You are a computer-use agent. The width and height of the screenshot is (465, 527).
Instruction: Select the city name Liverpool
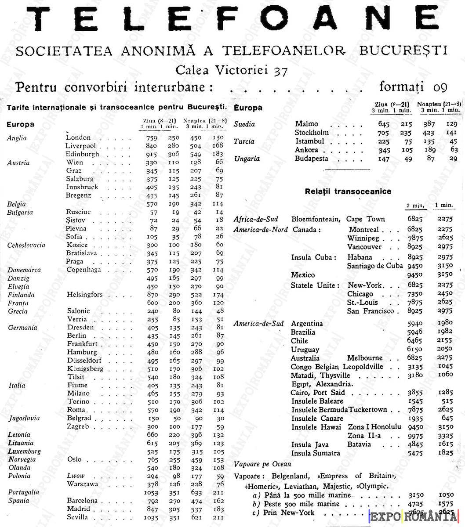81,146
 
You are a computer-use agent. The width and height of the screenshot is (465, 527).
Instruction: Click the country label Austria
18,162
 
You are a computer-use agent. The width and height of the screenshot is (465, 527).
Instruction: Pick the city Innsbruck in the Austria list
82,187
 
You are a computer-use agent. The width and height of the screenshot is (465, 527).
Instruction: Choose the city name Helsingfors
84,295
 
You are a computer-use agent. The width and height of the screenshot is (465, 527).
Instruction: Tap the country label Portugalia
23,492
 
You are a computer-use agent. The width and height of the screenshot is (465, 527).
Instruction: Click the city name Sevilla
77,517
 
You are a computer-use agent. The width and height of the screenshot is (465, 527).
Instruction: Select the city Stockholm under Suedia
312,133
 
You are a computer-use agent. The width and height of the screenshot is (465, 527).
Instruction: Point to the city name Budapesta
312,159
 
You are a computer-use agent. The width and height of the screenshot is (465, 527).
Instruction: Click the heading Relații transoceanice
342,191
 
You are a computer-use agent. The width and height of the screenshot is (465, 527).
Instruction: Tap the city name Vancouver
364,247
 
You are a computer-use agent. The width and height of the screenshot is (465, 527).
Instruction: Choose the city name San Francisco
371,311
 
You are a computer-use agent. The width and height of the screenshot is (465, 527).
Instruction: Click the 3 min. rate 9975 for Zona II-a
415,436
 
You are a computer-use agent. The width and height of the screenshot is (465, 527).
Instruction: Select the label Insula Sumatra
316,453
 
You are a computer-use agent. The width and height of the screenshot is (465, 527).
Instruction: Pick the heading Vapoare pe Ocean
262,464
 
